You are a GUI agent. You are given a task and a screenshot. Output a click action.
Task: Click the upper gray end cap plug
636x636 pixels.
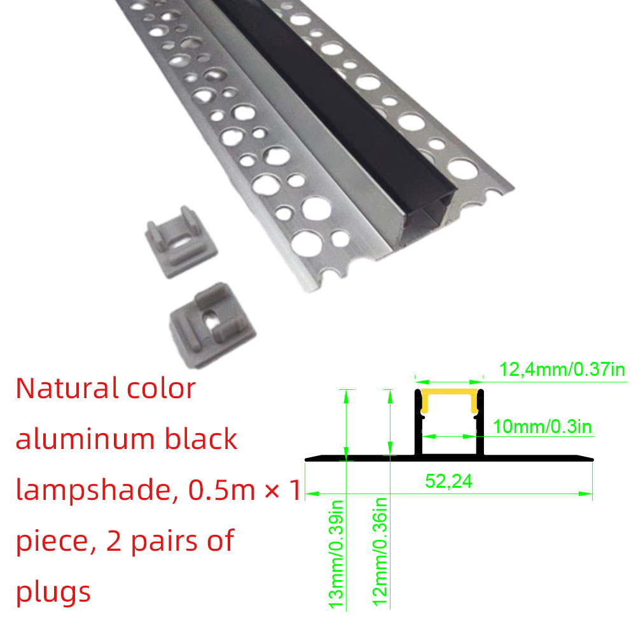(179, 241)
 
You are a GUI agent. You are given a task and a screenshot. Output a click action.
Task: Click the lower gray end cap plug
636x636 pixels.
(212, 325)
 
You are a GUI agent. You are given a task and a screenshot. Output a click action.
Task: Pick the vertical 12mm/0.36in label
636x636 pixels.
(380, 552)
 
